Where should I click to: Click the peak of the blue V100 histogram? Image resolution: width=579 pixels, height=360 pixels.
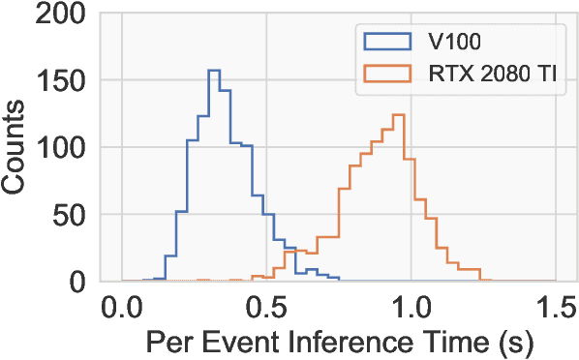(x=214, y=71)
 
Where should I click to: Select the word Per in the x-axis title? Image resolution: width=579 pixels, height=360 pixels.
(x=166, y=342)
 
